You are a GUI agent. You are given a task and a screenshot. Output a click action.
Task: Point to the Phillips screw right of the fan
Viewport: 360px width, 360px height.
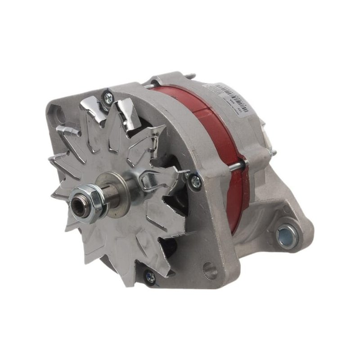click(x=195, y=180)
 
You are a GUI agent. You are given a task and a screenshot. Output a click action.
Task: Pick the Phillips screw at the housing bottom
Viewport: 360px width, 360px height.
click(x=150, y=277)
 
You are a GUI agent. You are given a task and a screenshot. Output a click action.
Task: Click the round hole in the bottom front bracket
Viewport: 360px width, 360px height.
click(x=210, y=270)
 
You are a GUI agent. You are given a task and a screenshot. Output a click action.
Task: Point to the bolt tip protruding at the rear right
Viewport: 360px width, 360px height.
click(x=273, y=153)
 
